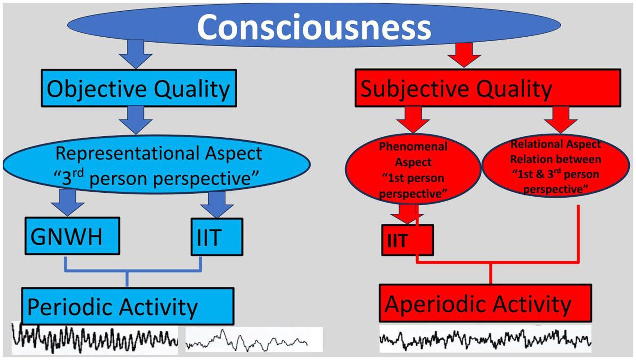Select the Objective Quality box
point(138,89)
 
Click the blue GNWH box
point(72,237)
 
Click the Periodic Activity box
point(128,306)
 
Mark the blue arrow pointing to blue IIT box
point(217,203)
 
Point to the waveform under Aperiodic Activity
point(484,340)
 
